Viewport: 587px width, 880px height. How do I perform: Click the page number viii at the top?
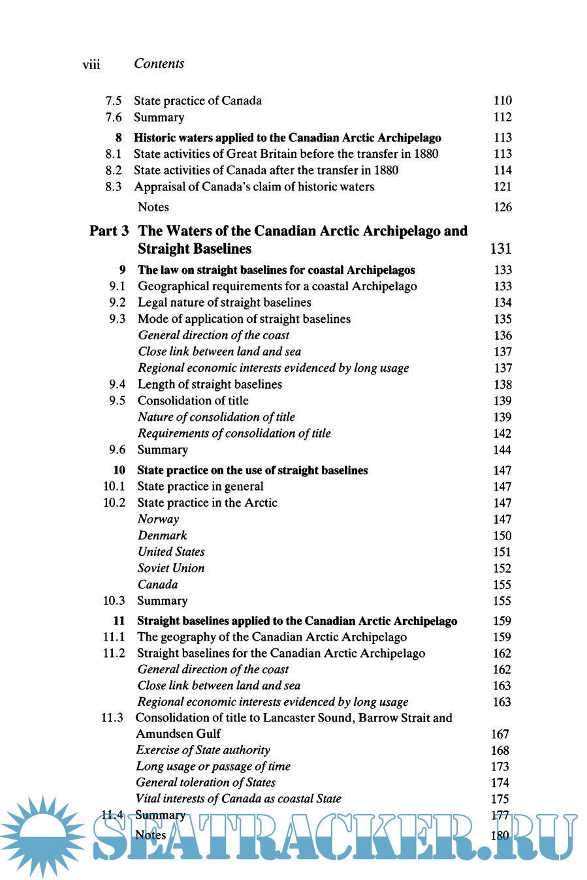click(x=91, y=65)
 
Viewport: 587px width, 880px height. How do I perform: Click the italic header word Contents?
click(x=159, y=63)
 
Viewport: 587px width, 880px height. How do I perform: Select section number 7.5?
click(x=114, y=100)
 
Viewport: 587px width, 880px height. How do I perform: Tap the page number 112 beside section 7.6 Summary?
click(x=502, y=117)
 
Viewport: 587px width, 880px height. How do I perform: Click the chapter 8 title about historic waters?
click(x=287, y=138)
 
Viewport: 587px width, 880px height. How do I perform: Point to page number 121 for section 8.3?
click(x=502, y=187)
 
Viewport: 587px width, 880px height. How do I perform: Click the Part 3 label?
click(x=109, y=231)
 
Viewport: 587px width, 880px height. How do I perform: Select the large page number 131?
click(x=501, y=249)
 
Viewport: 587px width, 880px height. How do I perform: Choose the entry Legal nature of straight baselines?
click(x=224, y=303)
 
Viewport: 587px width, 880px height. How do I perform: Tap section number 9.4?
click(x=117, y=384)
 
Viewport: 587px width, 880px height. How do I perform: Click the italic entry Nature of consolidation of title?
click(x=216, y=417)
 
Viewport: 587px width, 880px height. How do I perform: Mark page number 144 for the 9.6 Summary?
click(x=502, y=450)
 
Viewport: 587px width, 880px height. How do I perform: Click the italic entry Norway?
click(x=158, y=519)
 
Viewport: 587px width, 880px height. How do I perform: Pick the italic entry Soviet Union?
click(x=171, y=568)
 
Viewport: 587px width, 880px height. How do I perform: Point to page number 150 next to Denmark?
click(x=502, y=536)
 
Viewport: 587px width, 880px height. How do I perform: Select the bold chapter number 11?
click(x=119, y=621)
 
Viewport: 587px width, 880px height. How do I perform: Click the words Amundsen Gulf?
click(x=178, y=734)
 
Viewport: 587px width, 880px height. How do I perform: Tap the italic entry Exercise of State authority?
click(x=203, y=750)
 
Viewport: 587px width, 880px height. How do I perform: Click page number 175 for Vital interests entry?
click(x=500, y=799)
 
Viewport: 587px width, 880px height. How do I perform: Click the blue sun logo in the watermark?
click(x=43, y=836)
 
